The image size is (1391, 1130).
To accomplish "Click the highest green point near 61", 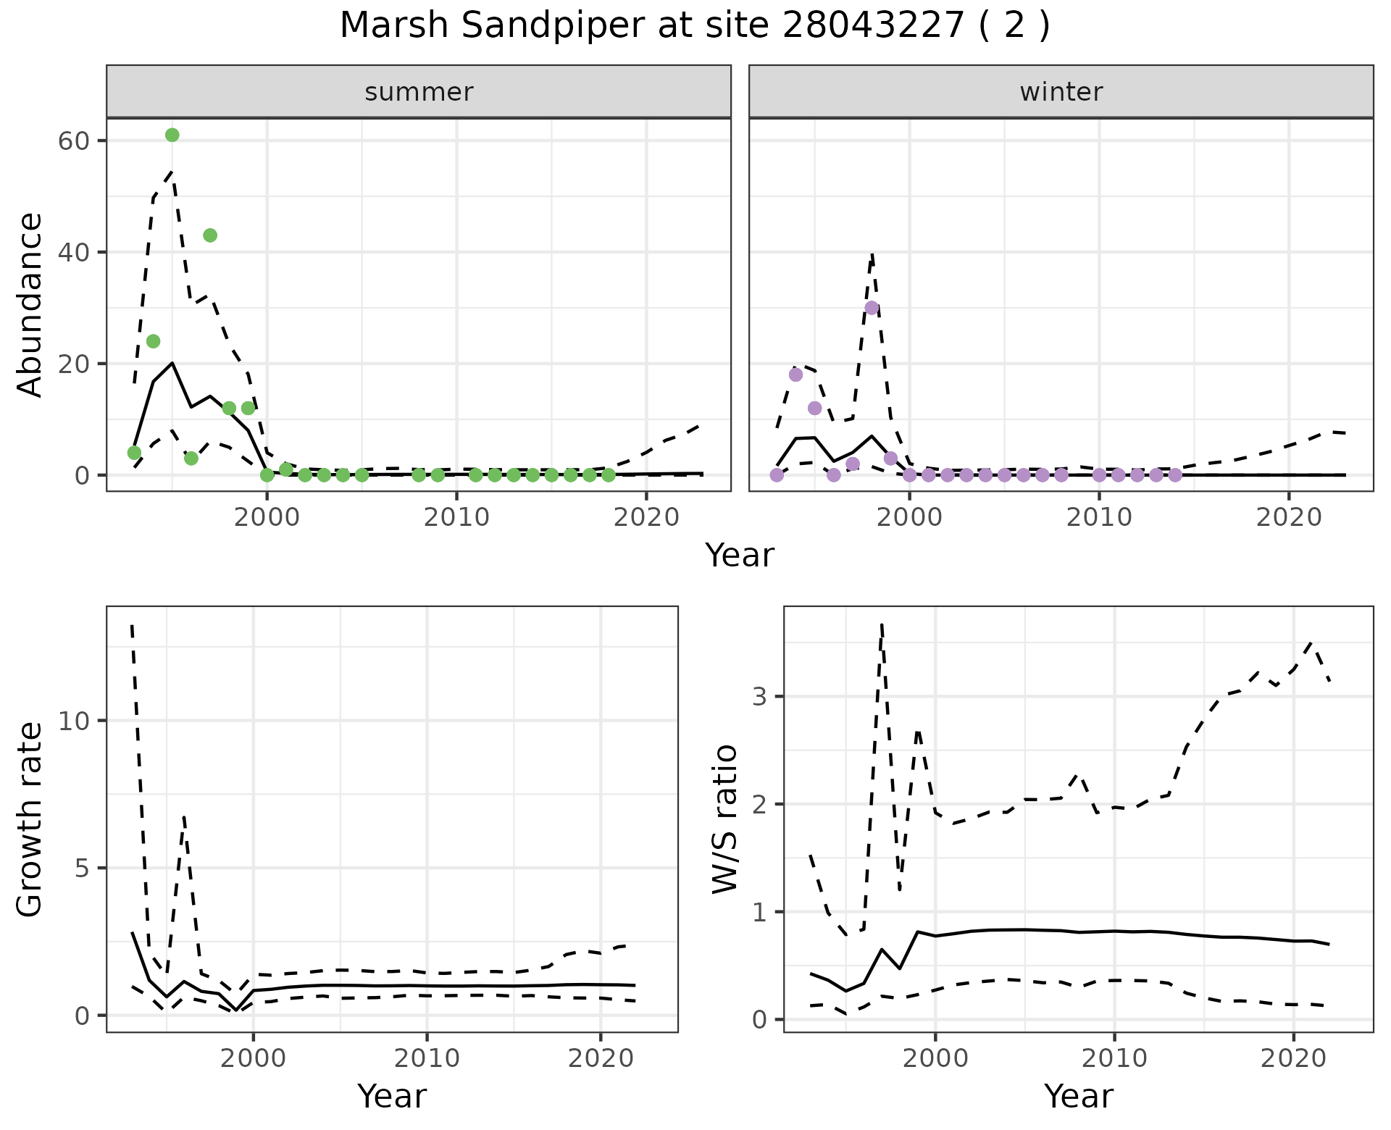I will pyautogui.click(x=172, y=135).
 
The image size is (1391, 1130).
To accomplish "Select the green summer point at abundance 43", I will pyautogui.click(x=210, y=235).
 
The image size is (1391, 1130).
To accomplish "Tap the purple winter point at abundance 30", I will pyautogui.click(x=872, y=308).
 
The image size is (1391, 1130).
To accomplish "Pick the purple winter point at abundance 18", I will pyautogui.click(x=795, y=374).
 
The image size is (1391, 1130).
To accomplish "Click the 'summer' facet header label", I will pyautogui.click(x=419, y=92).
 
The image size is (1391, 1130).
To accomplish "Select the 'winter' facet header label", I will pyautogui.click(x=1061, y=92).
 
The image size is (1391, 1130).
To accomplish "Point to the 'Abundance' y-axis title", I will pyautogui.click(x=30, y=304).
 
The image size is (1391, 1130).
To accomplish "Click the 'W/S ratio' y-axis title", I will pyautogui.click(x=725, y=819).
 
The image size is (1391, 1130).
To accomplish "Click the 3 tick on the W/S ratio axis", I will pyautogui.click(x=759, y=697).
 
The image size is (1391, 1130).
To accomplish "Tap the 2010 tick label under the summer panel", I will pyautogui.click(x=456, y=517).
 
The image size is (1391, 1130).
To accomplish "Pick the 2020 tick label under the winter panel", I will pyautogui.click(x=1289, y=517).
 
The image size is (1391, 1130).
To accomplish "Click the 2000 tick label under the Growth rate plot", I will pyautogui.click(x=253, y=1058).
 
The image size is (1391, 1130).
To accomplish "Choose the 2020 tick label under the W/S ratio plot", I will pyautogui.click(x=1293, y=1058).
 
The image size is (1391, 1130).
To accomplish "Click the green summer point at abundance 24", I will pyautogui.click(x=153, y=341).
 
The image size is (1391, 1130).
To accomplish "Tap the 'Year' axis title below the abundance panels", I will pyautogui.click(x=740, y=556).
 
